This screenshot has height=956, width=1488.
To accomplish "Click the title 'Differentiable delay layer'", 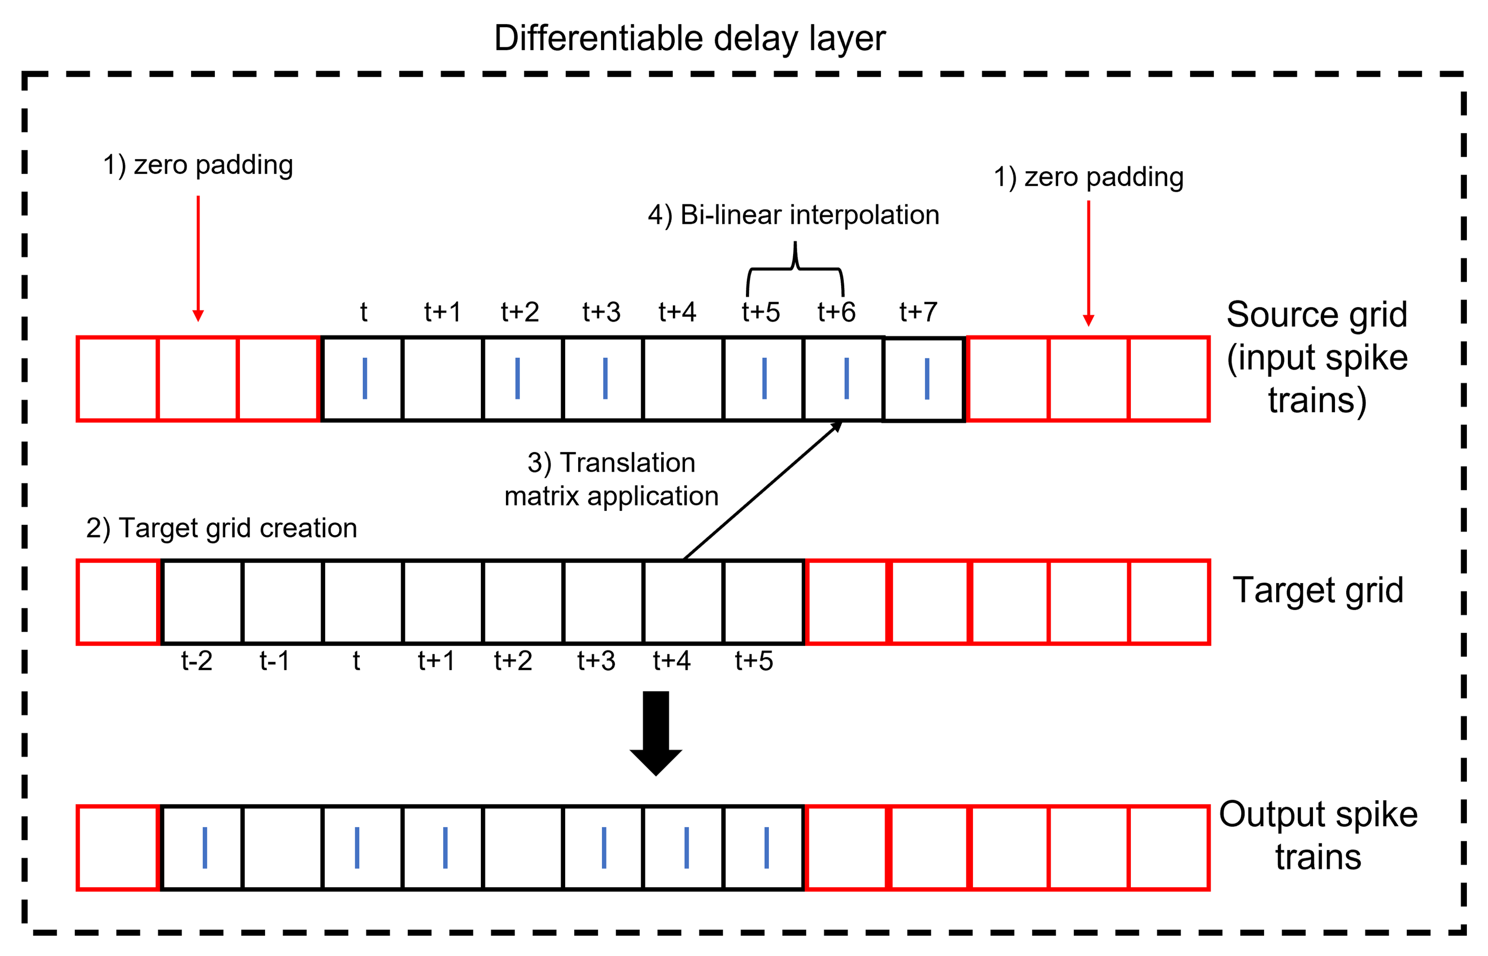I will point(689,39).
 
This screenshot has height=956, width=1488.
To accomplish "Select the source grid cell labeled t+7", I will point(923,379).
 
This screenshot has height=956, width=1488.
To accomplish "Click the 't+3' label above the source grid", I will point(601,312).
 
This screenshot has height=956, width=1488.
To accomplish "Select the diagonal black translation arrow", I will point(762,490).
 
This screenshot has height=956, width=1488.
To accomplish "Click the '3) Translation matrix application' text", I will point(611,479).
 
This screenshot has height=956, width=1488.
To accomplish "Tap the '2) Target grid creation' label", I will point(222,528).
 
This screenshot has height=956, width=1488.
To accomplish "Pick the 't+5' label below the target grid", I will point(754,661).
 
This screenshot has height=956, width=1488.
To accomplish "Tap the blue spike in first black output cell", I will point(205,847).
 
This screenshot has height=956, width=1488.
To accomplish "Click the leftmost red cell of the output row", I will point(118,847).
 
